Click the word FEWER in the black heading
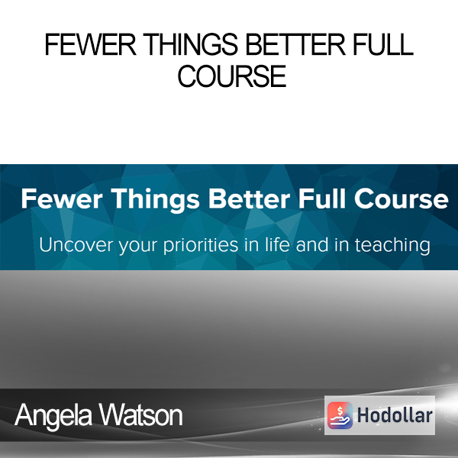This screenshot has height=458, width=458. click(x=90, y=44)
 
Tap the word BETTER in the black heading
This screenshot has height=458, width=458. click(x=295, y=44)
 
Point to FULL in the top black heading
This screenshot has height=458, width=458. click(x=383, y=44)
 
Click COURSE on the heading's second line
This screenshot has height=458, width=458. click(x=232, y=76)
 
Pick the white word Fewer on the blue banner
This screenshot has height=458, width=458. click(x=62, y=199)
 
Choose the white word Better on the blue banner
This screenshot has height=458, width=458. click(x=249, y=199)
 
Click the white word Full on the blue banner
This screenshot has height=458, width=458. click(x=322, y=198)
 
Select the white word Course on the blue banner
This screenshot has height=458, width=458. click(x=401, y=199)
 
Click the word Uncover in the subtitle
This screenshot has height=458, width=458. click(x=76, y=245)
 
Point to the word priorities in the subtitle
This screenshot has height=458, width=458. click(x=201, y=246)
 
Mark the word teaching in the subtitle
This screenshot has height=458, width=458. click(x=392, y=246)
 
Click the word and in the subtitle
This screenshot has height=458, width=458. click(x=312, y=244)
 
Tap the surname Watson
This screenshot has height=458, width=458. click(x=140, y=415)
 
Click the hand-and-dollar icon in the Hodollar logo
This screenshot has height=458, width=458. click(x=340, y=415)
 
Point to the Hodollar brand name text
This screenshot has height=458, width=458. click(x=395, y=415)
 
